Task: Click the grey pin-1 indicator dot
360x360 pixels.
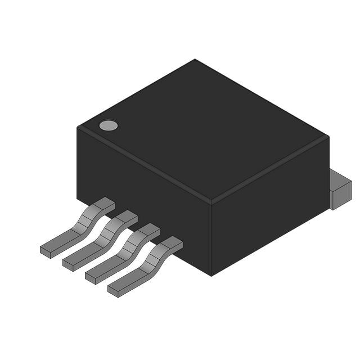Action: pyautogui.click(x=109, y=125)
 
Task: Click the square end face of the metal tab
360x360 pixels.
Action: pyautogui.click(x=341, y=197)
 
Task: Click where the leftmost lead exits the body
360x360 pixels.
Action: pyautogui.click(x=104, y=203)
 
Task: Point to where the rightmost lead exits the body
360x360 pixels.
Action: pyautogui.click(x=172, y=242)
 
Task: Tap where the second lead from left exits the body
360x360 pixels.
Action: pyautogui.click(x=127, y=216)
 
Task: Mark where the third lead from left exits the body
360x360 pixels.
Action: pyautogui.click(x=149, y=229)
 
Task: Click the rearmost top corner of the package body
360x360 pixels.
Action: pyautogui.click(x=195, y=60)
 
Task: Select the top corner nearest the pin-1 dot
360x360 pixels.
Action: pyautogui.click(x=78, y=128)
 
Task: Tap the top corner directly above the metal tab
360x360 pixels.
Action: pyautogui.click(x=328, y=137)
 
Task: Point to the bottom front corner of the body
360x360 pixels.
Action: pyautogui.click(x=211, y=275)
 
